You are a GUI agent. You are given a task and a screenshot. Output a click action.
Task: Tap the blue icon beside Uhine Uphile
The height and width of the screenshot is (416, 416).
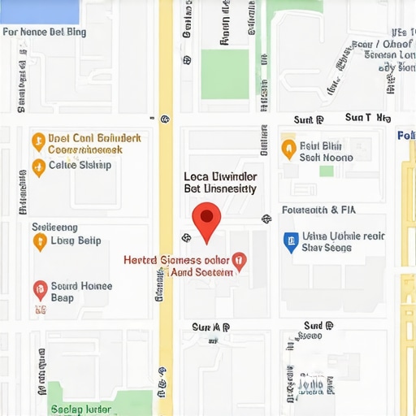[x=290, y=240]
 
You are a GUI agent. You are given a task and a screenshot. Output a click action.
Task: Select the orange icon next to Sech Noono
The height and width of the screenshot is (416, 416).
[x=288, y=148]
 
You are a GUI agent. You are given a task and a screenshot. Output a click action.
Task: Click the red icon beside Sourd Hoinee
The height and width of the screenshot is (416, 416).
[x=39, y=289]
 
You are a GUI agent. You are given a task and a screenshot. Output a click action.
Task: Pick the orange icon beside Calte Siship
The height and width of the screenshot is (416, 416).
[x=37, y=167]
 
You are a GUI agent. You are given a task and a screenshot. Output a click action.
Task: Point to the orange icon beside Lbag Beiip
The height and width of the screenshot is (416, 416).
[x=38, y=241]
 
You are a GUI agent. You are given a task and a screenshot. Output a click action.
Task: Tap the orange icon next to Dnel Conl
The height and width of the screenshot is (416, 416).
[x=37, y=141]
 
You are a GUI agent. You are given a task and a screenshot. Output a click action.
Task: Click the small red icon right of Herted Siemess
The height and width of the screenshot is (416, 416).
[x=238, y=260]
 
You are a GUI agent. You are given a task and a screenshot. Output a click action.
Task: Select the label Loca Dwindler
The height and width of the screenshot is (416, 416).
[x=219, y=175]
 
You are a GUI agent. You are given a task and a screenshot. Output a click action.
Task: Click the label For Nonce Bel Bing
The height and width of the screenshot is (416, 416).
[x=45, y=32]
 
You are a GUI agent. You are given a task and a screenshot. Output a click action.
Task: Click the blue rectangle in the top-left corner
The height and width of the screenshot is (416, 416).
[x=39, y=11]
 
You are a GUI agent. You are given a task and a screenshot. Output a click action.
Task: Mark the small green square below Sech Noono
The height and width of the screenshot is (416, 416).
[x=326, y=171]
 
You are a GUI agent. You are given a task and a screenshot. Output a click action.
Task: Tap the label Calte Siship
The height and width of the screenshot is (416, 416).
[x=80, y=165]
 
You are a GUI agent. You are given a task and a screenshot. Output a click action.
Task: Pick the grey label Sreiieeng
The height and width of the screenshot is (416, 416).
[x=54, y=227]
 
